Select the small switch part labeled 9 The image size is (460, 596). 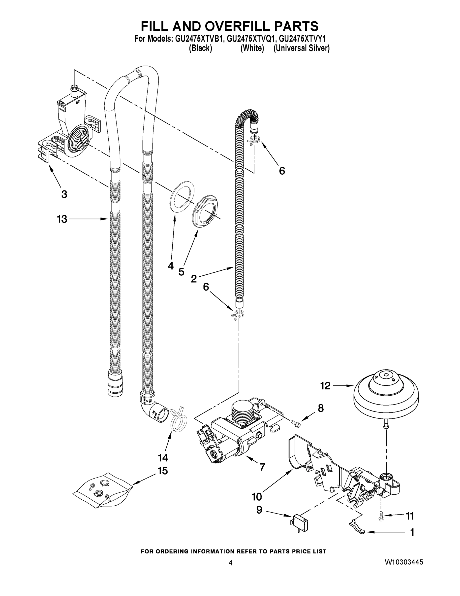click(299, 522)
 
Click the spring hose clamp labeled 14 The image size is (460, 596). click(179, 422)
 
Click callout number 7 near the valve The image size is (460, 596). click(262, 467)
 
